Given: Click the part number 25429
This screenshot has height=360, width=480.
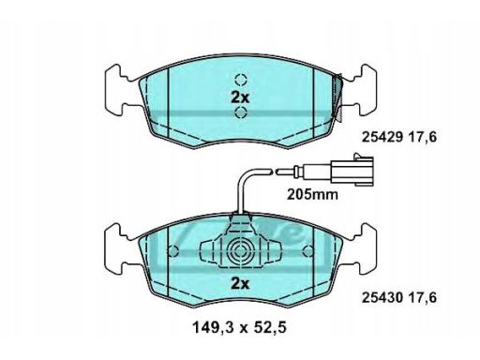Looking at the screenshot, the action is point(382,137).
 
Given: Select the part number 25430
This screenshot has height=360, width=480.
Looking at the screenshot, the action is point(382,297).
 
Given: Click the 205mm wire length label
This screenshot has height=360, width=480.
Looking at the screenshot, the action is point(313,194).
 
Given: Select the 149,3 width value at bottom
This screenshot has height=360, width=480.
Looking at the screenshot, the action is point(212,327).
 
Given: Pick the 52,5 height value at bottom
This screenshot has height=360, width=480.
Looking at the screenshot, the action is point(271,327).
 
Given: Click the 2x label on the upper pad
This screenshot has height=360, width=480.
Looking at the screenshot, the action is point(240,98).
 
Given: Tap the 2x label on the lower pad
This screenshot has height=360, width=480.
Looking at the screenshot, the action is point(240,284).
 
